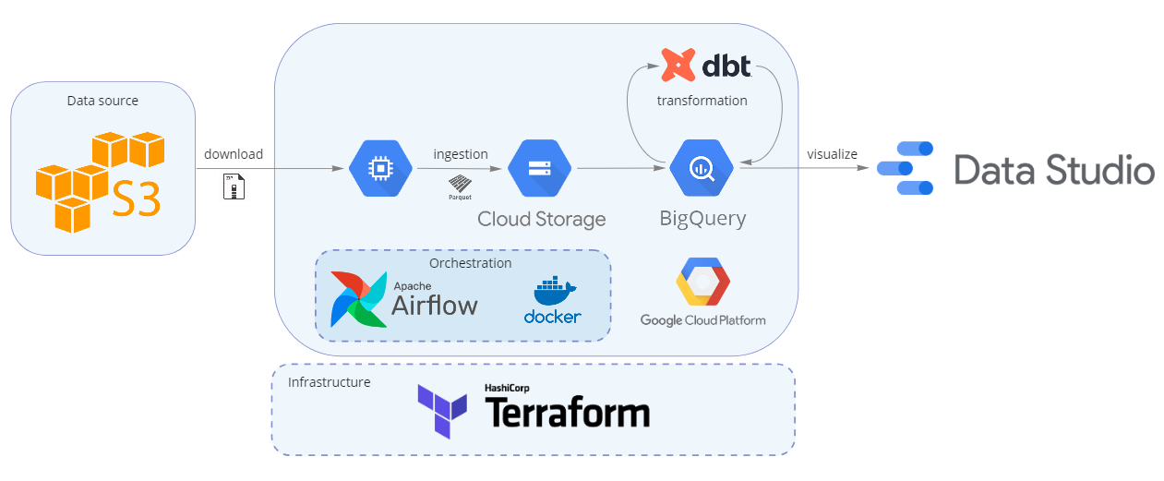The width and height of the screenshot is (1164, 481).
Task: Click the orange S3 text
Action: tap(136, 198)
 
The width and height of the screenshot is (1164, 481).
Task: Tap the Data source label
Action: tap(102, 101)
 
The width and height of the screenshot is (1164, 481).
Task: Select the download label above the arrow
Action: tap(234, 154)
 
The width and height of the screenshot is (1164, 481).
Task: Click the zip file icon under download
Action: tap(234, 186)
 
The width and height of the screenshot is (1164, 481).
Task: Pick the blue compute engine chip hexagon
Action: tap(380, 168)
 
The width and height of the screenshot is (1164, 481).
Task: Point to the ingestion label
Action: tap(461, 154)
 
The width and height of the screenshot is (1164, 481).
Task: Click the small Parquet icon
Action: tap(460, 187)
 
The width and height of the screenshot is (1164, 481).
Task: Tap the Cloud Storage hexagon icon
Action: tap(539, 168)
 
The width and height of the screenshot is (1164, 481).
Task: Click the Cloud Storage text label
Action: tap(542, 219)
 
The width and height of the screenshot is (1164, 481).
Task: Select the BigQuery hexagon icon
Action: tap(702, 167)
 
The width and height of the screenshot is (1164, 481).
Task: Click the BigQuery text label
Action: tap(702, 219)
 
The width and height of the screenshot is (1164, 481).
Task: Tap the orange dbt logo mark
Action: tap(678, 65)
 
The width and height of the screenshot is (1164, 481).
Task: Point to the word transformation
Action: tap(702, 101)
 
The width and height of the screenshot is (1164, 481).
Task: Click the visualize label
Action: tap(832, 154)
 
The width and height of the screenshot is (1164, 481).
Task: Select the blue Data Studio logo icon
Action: tap(906, 168)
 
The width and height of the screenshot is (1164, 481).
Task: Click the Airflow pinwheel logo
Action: tap(358, 299)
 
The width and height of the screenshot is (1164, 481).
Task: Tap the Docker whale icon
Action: tap(555, 291)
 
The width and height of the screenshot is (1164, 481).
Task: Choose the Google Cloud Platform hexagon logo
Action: tap(702, 282)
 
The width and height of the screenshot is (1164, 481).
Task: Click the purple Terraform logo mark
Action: tap(442, 412)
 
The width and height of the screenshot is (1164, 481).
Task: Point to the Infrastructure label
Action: tap(329, 382)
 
